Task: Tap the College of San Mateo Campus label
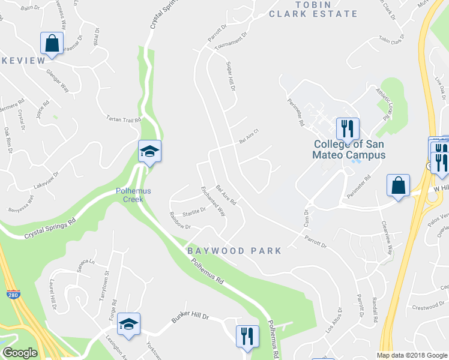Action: click(x=349, y=149)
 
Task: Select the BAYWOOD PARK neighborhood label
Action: click(x=234, y=251)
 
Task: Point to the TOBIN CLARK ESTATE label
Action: click(x=313, y=9)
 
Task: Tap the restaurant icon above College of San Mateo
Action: click(x=348, y=129)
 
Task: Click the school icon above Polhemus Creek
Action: click(x=150, y=152)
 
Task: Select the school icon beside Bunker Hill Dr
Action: click(x=128, y=325)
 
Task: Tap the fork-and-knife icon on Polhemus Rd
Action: click(x=247, y=337)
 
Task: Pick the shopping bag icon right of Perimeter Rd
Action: click(x=398, y=186)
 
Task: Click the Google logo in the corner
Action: click(x=19, y=353)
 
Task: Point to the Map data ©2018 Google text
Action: click(x=412, y=355)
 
